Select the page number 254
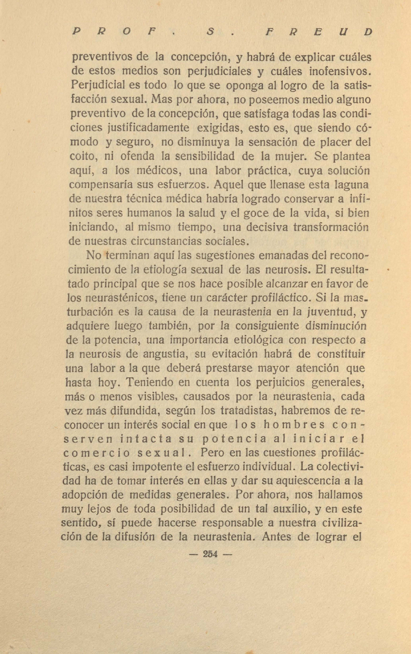click(210, 554)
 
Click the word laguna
click(352, 185)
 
